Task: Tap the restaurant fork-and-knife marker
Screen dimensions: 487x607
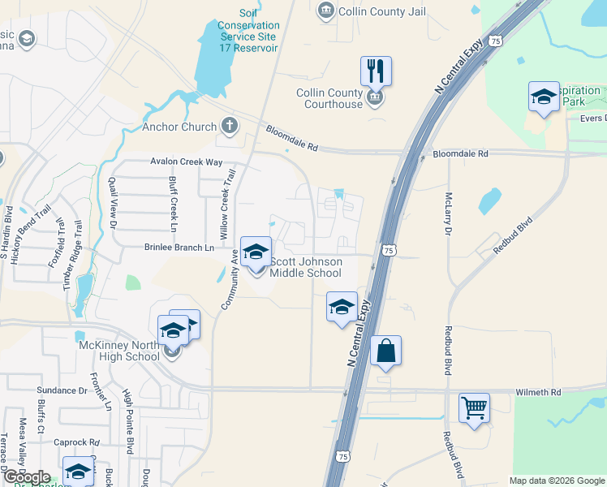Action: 376,71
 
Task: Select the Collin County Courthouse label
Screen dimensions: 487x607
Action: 329,98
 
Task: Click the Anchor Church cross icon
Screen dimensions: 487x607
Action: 230,126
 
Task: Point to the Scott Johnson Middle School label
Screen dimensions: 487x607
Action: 306,267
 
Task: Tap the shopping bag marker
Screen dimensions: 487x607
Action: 386,351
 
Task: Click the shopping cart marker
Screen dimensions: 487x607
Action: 474,407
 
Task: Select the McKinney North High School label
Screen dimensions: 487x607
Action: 119,351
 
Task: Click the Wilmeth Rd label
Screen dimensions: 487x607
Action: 538,392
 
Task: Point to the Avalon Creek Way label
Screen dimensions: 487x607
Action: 186,162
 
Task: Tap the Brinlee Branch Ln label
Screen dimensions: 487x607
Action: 179,247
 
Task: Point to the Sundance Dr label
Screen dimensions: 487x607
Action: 61,390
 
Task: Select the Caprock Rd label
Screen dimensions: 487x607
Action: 75,442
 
